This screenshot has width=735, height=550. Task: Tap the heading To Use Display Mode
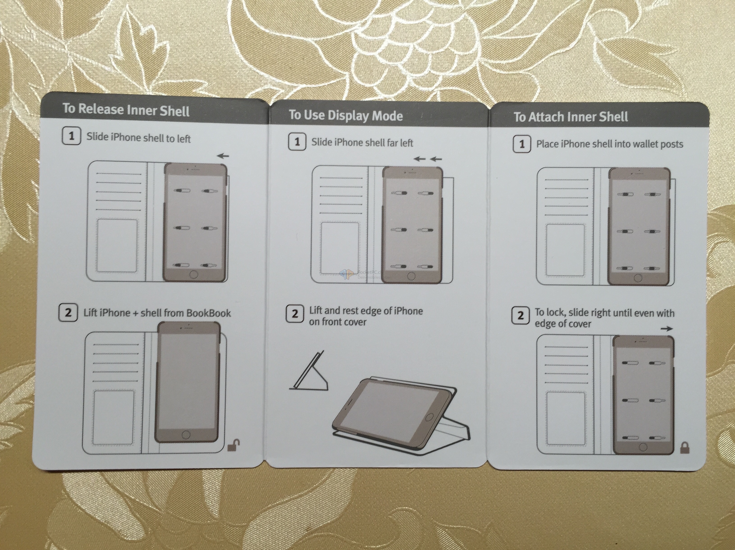346,115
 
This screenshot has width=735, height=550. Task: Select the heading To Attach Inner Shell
571,117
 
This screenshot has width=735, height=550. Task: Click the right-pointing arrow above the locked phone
667,329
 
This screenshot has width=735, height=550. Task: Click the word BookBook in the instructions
209,313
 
